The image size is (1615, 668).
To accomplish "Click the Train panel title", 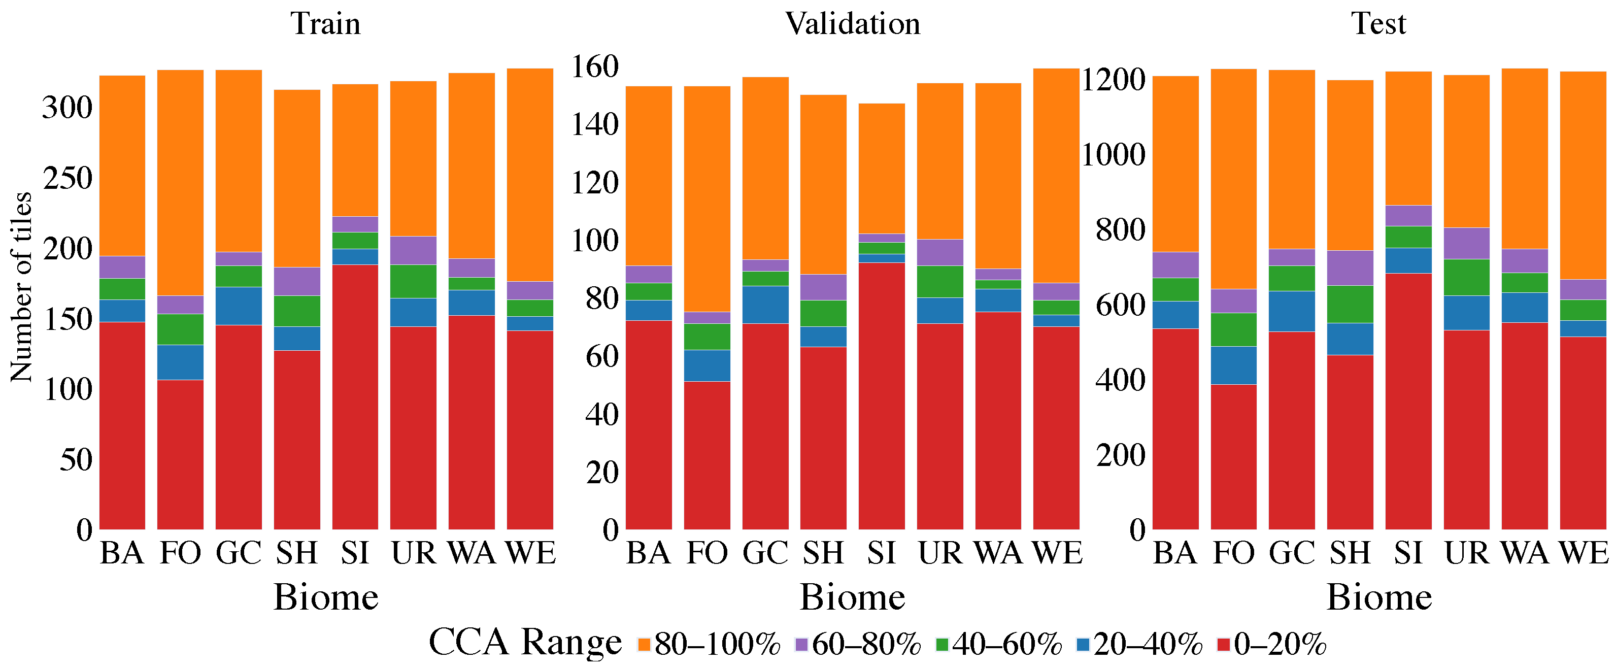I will tap(325, 24).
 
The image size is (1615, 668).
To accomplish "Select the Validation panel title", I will tap(852, 24).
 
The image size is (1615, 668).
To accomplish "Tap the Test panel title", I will tap(1378, 24).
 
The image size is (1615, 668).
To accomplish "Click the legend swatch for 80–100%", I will tap(644, 644).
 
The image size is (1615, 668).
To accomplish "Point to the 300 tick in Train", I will tap(67, 108).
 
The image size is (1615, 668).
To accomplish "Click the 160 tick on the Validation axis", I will tap(594, 66).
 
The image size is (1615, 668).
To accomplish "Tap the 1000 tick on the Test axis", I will tap(1114, 154).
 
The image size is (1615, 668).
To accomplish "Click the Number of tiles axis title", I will tap(21, 287).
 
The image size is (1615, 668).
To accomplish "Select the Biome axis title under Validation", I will tap(852, 596).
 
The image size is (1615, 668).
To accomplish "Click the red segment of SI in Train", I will tap(355, 396).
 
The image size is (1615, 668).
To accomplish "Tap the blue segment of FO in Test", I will tap(1233, 365).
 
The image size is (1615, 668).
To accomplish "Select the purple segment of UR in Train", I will tap(413, 250).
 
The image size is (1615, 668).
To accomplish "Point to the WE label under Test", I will tap(1584, 553).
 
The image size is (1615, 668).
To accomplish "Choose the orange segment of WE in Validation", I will tap(1056, 176).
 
